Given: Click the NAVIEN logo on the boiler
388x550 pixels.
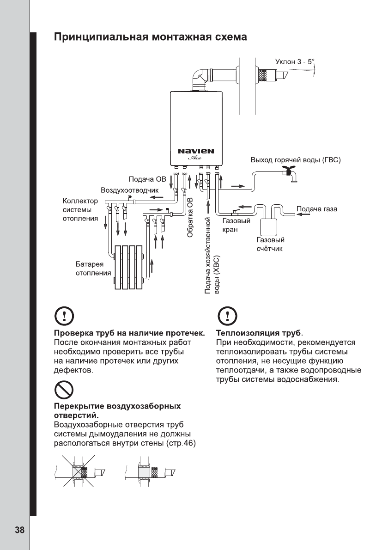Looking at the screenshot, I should (196, 151).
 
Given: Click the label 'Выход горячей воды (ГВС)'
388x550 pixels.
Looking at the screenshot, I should (295, 160).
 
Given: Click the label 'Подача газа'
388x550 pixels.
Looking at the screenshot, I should (317, 209).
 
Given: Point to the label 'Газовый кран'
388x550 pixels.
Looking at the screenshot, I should (233, 225).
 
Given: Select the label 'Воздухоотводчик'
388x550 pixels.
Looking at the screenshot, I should (130, 190).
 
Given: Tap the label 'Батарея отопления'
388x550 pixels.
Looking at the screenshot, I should (93, 268).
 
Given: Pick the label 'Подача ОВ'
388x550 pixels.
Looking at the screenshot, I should (147, 178).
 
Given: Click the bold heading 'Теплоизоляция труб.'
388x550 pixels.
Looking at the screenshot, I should (260, 333).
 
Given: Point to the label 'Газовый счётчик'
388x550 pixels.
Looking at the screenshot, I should (270, 244).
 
